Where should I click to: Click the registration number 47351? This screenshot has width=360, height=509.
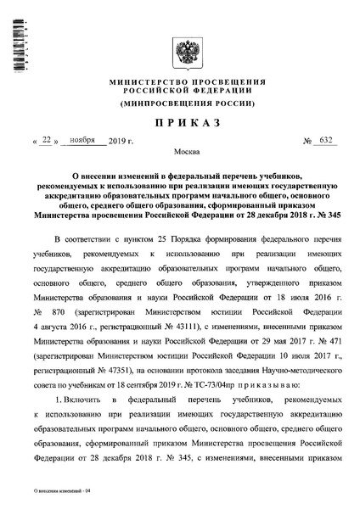click(132, 334)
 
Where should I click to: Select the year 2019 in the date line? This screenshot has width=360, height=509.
click(124, 143)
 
